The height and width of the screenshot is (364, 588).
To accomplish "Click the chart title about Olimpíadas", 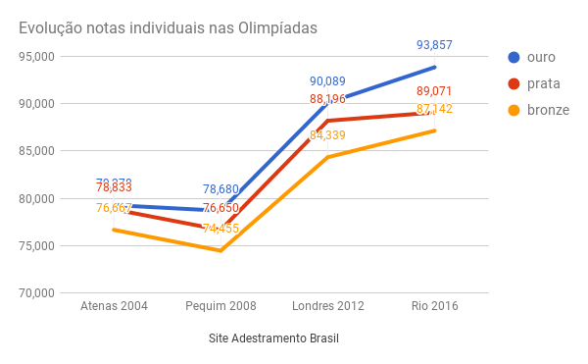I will [168, 27].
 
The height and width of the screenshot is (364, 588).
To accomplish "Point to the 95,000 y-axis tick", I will [34, 56].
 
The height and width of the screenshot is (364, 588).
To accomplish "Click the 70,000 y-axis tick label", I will [34, 293].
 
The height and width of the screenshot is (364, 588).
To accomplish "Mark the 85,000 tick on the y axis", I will [34, 151].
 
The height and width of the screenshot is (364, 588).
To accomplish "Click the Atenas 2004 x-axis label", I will [114, 306].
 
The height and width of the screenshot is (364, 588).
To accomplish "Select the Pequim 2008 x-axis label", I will [220, 306].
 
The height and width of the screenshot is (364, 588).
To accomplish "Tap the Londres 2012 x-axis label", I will [328, 306].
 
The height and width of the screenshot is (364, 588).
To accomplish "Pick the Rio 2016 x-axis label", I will [434, 306].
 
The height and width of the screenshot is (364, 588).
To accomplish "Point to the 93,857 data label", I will [434, 45].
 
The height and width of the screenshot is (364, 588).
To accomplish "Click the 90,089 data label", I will [327, 81].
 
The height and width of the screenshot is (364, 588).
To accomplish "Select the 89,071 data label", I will [434, 91].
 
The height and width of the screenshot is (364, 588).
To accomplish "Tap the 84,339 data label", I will [327, 135].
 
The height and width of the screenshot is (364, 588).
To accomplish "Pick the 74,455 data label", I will [220, 229].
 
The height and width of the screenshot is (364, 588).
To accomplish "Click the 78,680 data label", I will [220, 189].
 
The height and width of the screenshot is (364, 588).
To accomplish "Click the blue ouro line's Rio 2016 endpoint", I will [435, 67].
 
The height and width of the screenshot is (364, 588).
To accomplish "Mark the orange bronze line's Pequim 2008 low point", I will [220, 250].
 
